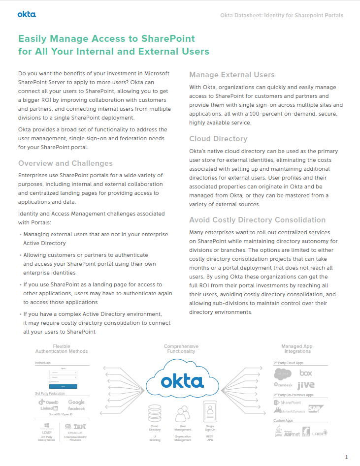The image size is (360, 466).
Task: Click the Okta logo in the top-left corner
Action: tap(27, 14)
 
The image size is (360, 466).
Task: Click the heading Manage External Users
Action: tap(232, 75)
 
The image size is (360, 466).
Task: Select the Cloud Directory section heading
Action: tap(218, 139)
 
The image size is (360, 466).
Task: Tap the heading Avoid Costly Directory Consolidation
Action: tap(258, 220)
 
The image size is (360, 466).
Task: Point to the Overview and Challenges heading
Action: tap(65, 163)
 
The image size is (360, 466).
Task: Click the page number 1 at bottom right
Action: tap(347, 457)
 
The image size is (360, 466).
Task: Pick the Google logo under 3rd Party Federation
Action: tap(76, 402)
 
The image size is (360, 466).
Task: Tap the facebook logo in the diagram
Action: tap(76, 408)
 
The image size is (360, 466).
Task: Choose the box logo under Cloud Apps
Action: tap(306, 373)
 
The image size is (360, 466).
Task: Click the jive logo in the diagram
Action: tap(306, 385)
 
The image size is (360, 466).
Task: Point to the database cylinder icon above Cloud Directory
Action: tap(155, 412)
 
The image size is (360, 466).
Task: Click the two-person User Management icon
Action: tap(183, 412)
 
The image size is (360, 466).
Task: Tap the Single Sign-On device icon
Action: tap(210, 411)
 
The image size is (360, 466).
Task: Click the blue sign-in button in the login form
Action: tap(63, 387)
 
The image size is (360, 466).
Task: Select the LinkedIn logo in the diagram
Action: tap(49, 408)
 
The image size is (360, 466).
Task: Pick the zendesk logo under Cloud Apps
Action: tap(283, 384)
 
